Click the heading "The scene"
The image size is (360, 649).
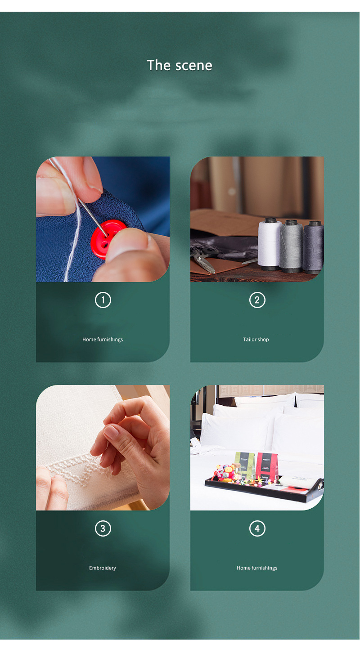tap(180, 66)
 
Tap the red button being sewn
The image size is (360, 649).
tap(107, 238)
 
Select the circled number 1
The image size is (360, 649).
tap(103, 300)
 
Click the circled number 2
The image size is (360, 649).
tap(257, 300)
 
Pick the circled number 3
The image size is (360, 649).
tap(103, 528)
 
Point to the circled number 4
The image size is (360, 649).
tap(257, 528)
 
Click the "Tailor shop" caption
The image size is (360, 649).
tap(256, 340)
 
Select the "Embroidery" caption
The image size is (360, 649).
tap(103, 568)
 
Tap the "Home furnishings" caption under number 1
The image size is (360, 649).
tap(103, 340)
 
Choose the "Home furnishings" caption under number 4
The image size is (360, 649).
tap(257, 568)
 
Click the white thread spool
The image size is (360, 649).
tap(270, 243)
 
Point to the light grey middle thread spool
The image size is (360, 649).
tap(291, 246)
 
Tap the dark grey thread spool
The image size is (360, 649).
tap(313, 246)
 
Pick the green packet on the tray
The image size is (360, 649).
tap(244, 465)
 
